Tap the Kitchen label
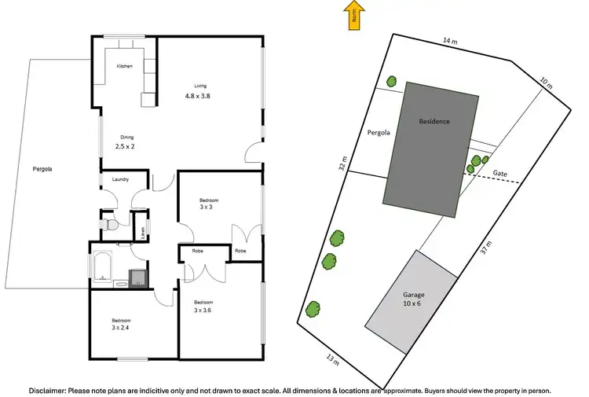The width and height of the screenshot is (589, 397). pyautogui.click(x=124, y=67)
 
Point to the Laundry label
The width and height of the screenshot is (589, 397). pyautogui.click(x=120, y=180)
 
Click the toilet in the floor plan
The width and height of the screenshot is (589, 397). pyautogui.click(x=111, y=225)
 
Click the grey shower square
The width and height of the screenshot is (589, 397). pyautogui.click(x=137, y=277)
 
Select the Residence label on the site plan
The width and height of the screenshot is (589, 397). pyautogui.click(x=434, y=122)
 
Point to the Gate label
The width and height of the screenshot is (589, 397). pyautogui.click(x=499, y=172)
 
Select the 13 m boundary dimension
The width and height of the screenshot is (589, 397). pyautogui.click(x=332, y=360)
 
